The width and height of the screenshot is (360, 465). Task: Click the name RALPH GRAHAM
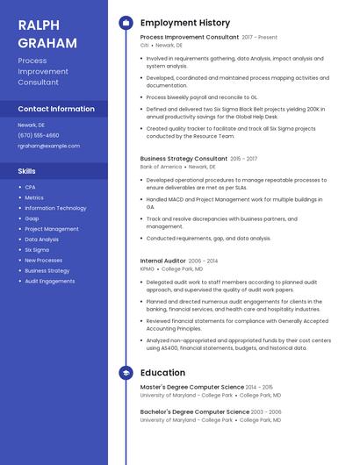click(x=45, y=32)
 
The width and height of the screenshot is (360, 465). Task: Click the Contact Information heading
click(x=56, y=110)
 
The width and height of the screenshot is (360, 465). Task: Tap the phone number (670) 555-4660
click(x=39, y=135)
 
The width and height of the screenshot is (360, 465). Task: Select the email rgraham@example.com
click(x=48, y=146)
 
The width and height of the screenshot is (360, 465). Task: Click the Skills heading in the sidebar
click(x=26, y=171)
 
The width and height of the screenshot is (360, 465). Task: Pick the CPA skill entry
click(x=30, y=187)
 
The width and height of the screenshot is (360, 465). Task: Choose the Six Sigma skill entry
click(x=37, y=250)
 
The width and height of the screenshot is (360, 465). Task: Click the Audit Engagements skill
click(x=49, y=282)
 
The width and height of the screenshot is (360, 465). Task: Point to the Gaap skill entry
click(x=32, y=218)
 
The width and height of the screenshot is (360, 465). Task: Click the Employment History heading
click(x=185, y=23)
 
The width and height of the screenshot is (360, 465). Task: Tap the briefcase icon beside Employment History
click(x=126, y=23)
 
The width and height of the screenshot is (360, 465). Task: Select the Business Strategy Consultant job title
click(x=184, y=159)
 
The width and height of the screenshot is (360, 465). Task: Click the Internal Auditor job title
click(x=162, y=261)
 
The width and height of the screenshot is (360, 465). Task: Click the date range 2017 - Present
click(x=260, y=38)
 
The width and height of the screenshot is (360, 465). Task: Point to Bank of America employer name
click(x=161, y=167)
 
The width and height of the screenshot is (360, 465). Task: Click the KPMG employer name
click(x=147, y=268)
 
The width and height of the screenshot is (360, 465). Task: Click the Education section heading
click(x=162, y=373)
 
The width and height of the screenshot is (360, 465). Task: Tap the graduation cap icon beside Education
click(x=126, y=373)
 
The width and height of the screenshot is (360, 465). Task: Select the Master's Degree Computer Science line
click(x=191, y=387)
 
